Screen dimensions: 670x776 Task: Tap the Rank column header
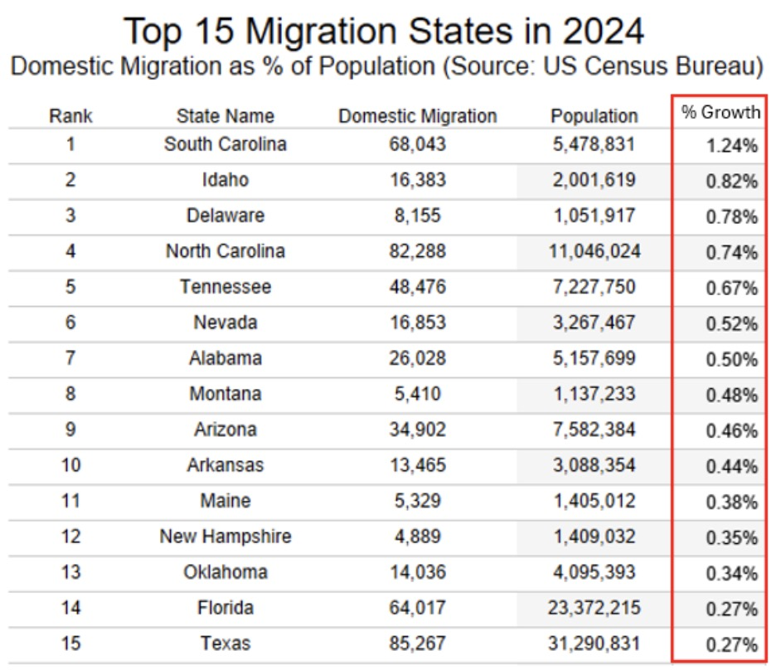(70, 116)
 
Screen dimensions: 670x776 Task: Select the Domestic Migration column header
(417, 116)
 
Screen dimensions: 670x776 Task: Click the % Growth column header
(720, 114)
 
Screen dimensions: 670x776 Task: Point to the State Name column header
(225, 116)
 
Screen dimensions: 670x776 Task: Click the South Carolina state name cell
(225, 144)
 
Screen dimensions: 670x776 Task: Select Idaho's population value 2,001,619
(594, 180)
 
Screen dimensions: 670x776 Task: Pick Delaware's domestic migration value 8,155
(417, 216)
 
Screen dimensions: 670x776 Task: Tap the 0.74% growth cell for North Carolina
(731, 252)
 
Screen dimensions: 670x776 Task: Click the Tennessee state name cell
(225, 287)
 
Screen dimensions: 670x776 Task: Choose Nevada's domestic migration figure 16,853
(417, 323)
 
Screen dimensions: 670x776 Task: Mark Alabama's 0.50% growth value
(731, 359)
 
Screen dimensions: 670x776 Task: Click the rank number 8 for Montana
(70, 394)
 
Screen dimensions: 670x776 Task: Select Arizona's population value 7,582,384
(594, 430)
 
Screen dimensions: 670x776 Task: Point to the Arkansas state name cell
(225, 465)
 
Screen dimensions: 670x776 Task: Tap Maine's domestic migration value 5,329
(417, 501)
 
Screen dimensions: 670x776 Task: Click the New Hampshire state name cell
(225, 536)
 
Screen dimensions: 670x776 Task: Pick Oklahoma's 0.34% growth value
(731, 573)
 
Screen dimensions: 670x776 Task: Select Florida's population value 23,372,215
(594, 608)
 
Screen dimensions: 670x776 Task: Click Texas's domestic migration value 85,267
(417, 643)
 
